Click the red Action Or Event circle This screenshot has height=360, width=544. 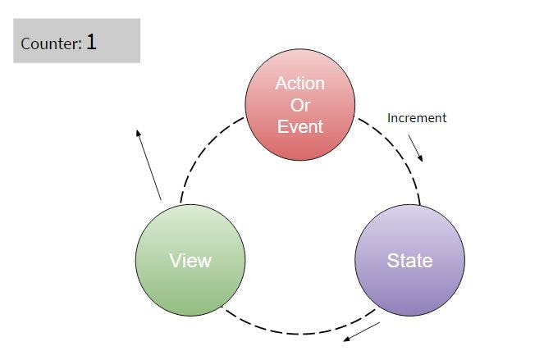point(299,105)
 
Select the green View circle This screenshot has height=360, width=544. point(190,260)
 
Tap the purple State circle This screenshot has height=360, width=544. point(409,260)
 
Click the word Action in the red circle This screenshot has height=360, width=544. point(299,84)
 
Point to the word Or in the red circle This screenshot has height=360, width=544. point(299,105)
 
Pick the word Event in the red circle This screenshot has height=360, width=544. point(299,126)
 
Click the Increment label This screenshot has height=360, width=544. point(417,118)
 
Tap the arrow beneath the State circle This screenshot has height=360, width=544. point(362,331)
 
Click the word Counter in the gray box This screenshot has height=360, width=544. point(50,44)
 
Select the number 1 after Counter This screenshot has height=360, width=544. point(91,42)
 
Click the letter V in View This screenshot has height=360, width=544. point(174,261)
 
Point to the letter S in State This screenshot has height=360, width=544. point(392,261)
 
